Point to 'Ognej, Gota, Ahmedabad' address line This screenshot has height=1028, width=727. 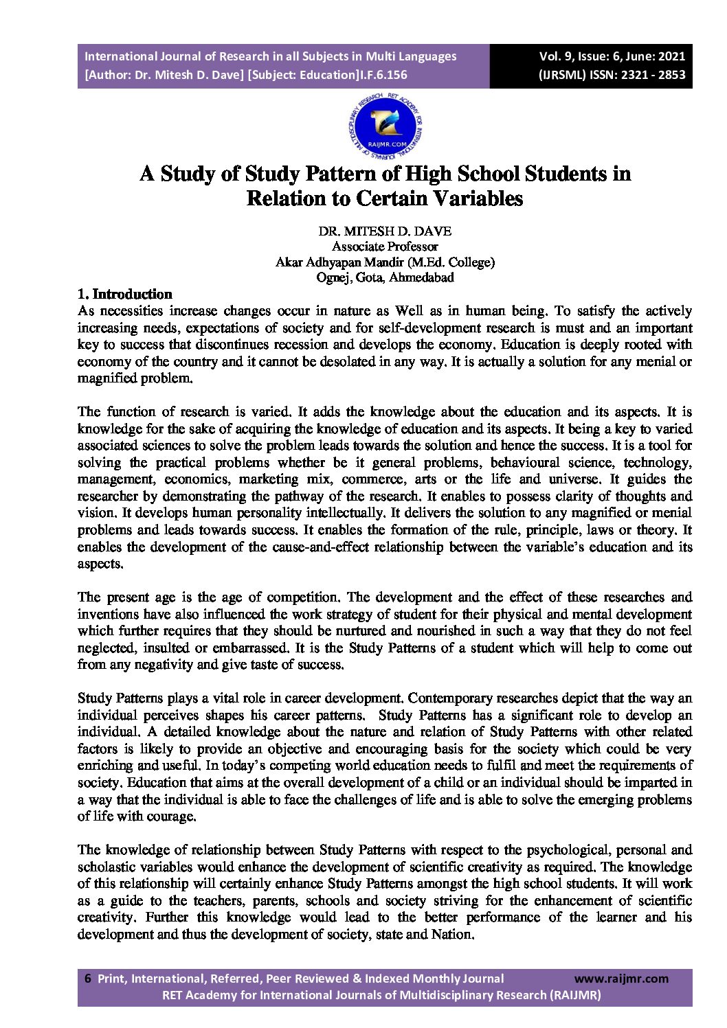coord(385,277)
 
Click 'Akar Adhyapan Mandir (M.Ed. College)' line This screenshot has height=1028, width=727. coord(385,262)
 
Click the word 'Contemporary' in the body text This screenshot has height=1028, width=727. coord(446,698)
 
